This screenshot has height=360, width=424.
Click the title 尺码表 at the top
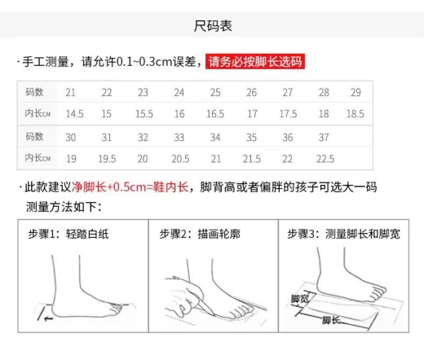tap(213, 26)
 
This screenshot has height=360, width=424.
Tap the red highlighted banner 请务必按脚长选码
tap(255, 62)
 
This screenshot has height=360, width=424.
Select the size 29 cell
tap(356, 93)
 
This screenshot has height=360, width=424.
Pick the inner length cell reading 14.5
tap(74, 114)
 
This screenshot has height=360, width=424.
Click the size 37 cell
tap(324, 138)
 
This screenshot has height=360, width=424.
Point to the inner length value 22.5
tap(325, 159)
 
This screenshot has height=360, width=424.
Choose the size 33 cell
tap(179, 138)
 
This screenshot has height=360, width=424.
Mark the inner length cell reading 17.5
tap(288, 114)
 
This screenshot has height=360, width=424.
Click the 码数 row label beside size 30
tap(34, 137)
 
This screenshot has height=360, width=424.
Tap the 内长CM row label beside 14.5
tap(38, 113)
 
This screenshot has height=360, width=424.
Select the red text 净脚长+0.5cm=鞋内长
tap(130, 187)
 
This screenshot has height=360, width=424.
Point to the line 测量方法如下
tap(64, 207)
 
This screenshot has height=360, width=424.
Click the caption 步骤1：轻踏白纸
tap(68, 234)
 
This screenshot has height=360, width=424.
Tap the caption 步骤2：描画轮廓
tap(200, 234)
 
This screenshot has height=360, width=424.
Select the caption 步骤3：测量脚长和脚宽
tap(343, 234)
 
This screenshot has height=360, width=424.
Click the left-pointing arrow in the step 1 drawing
tap(48, 318)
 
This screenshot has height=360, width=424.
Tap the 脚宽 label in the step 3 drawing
tap(299, 299)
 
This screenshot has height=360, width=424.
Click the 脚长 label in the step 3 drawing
tap(331, 320)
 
